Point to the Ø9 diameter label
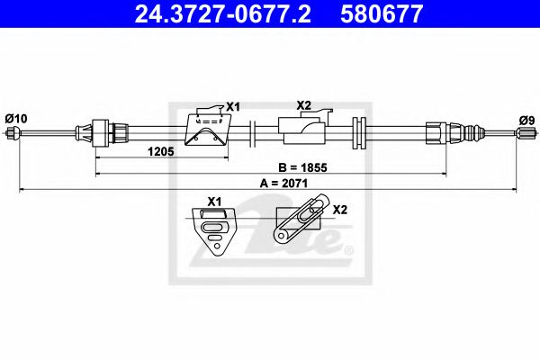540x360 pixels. pyautogui.click(x=526, y=119)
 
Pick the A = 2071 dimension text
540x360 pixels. pyautogui.click(x=280, y=183)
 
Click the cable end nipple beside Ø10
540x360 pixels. pyautogui.click(x=13, y=134)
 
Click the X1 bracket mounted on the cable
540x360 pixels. pyautogui.click(x=204, y=130)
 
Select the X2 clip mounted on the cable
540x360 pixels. pyautogui.click(x=301, y=130)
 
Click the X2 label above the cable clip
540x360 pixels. pyautogui.click(x=303, y=105)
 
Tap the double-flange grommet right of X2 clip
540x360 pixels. pyautogui.click(x=361, y=133)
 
